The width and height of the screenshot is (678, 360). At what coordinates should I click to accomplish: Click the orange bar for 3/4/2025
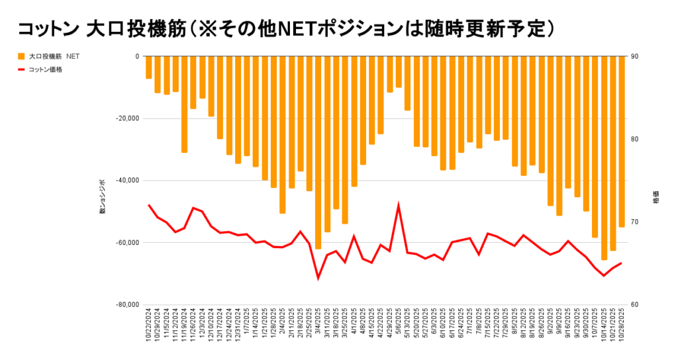click(x=318, y=152)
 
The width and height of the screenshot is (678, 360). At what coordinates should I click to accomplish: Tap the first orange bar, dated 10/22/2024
click(x=149, y=67)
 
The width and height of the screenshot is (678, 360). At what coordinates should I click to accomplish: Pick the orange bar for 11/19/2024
click(x=184, y=105)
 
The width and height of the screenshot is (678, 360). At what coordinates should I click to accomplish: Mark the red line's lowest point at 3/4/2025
click(x=318, y=278)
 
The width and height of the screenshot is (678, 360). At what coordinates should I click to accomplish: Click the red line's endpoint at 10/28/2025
click(x=621, y=263)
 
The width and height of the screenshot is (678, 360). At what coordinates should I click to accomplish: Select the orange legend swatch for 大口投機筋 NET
click(x=22, y=56)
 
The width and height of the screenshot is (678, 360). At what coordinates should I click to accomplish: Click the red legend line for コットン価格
click(x=22, y=69)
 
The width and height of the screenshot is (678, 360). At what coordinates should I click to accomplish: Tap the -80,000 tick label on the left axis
click(x=126, y=304)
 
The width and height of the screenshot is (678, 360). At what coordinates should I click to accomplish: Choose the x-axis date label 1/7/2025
click(x=247, y=322)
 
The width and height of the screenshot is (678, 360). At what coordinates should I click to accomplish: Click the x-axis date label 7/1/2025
click(x=470, y=322)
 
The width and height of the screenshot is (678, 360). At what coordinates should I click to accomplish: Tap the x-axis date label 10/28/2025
click(x=622, y=324)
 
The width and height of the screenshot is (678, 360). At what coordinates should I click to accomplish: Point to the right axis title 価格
click(x=656, y=199)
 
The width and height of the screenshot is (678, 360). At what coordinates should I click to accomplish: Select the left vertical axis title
click(x=103, y=197)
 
